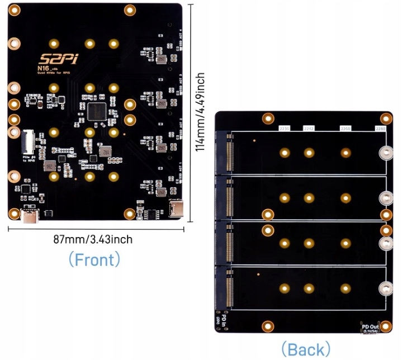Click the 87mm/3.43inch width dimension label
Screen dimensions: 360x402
93,240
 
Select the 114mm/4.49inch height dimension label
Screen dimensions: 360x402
200,112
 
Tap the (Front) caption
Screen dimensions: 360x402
93,259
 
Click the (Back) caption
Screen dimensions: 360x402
305,350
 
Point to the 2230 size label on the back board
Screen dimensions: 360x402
285,128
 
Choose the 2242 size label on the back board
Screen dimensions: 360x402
309,128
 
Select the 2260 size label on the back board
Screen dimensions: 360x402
345,128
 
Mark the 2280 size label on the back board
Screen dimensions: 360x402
381,128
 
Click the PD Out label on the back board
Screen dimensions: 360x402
370,327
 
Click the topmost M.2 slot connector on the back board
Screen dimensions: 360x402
228,153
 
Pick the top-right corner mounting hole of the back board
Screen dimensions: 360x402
386,119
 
